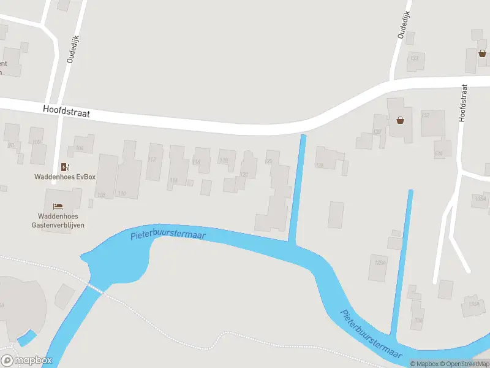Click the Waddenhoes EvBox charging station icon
coord(64,167)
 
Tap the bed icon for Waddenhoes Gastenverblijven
coord(59,206)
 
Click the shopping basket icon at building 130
coord(401,120)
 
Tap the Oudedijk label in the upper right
coord(402,25)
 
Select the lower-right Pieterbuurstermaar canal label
coord(371,334)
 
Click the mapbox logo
coord(27,361)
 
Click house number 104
coord(79,148)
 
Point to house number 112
coord(152,160)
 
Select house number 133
coord(415,58)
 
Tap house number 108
coord(102,194)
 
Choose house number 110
coord(122,194)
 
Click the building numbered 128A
coord(380,263)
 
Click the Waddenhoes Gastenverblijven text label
coord(59,220)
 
